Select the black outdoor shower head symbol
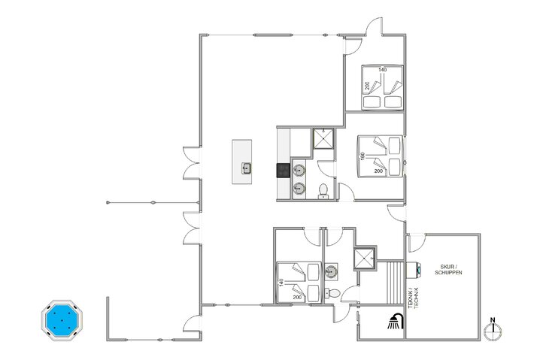[394, 322]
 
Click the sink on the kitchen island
[246, 168]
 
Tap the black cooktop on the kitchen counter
[284, 170]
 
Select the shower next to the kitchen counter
[324, 138]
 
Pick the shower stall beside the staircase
[365, 258]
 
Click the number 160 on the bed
[363, 156]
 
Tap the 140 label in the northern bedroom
[382, 70]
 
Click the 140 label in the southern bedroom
[281, 283]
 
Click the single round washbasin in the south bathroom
[332, 268]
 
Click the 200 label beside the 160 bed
[378, 171]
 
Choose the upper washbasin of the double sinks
[299, 172]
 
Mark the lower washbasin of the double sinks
[299, 188]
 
